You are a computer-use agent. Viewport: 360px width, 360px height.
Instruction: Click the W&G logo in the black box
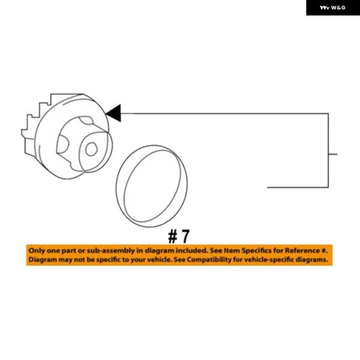coord(332,8)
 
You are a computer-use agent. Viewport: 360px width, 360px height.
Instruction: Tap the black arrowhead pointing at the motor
coord(113,113)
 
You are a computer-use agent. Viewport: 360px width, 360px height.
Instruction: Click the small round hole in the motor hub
coord(91,149)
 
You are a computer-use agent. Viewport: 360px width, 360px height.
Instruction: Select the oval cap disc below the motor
coord(152,186)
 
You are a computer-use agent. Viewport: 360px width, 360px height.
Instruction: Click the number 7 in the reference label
coord(185,236)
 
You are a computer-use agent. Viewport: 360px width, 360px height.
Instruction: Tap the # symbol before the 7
coord(172,236)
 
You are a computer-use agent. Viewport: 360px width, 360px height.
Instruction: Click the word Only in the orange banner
coord(37,250)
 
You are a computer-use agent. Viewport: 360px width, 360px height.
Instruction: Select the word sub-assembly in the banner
coord(110,251)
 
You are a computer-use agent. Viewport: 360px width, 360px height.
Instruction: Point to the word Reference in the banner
coord(302,250)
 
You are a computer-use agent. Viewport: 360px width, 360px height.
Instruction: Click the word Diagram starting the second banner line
coord(42,260)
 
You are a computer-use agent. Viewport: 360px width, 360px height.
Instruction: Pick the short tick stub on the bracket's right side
coord(333,154)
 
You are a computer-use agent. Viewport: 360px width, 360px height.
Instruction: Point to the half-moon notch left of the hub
coord(62,144)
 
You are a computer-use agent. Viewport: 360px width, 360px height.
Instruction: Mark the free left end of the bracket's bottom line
coord(268,187)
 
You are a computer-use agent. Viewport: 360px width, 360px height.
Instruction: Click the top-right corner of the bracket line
coord(328,113)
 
